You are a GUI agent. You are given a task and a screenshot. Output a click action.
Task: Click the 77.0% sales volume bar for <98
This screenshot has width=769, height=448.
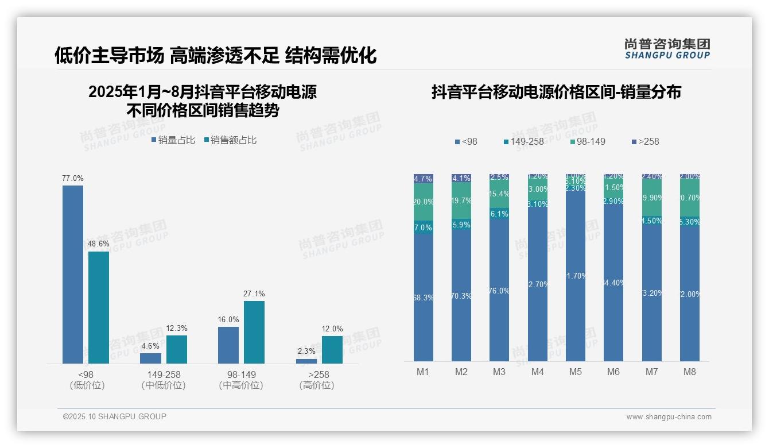[x=73, y=274]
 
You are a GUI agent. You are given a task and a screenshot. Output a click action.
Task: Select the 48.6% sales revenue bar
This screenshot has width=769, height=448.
[x=99, y=307]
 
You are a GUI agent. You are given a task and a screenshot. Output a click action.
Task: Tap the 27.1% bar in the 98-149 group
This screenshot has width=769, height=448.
[x=254, y=332]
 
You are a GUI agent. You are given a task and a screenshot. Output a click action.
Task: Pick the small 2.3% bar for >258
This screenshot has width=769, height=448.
[x=306, y=361]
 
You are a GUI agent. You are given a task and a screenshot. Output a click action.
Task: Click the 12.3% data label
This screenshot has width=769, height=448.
[x=177, y=329]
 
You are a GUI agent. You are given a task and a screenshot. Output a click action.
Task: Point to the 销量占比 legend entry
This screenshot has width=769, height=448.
[x=173, y=140]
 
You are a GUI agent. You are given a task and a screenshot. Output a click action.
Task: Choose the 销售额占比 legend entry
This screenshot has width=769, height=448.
[x=230, y=140]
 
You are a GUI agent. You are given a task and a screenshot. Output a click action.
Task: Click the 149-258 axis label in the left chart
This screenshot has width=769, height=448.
[x=164, y=374]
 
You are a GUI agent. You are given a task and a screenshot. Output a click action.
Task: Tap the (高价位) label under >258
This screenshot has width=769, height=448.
[x=317, y=385]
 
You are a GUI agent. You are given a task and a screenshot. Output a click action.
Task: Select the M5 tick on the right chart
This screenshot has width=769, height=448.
[x=576, y=372]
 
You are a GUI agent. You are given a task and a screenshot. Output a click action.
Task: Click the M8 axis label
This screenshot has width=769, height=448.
[x=690, y=372]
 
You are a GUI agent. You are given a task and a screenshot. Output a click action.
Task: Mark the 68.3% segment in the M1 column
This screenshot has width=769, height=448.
[x=424, y=298]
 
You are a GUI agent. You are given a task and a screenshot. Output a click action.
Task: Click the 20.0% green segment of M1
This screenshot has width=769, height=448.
[x=424, y=202]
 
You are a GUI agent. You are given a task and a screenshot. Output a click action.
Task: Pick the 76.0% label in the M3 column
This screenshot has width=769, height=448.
[x=499, y=291]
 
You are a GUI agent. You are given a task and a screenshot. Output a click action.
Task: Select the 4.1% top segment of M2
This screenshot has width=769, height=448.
[x=461, y=178]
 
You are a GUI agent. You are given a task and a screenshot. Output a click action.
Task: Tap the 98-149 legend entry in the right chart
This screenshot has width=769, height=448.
[x=588, y=141]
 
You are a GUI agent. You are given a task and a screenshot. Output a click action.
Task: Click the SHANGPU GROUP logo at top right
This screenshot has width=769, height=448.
[x=667, y=49]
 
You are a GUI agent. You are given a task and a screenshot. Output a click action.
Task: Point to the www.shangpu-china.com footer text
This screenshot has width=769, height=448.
[x=669, y=417]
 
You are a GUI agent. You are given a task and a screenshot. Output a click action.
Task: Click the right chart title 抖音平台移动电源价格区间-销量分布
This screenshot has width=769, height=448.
[x=556, y=92]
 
